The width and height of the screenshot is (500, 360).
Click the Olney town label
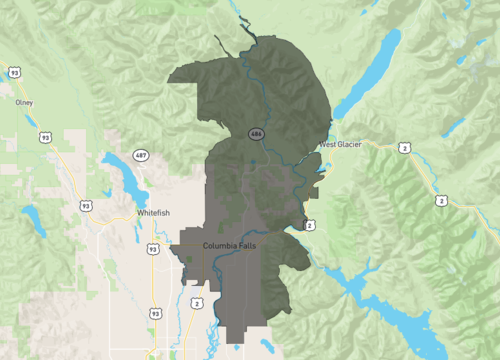tap(24, 102)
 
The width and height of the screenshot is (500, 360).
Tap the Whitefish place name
tap(155, 214)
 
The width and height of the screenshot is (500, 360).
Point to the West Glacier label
tap(340, 145)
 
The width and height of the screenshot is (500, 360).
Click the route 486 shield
tap(257, 133)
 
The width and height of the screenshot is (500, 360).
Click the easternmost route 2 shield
tap(441, 201)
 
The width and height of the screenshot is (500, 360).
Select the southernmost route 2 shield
tap(196, 303)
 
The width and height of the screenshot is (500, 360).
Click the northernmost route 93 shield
tap(14, 72)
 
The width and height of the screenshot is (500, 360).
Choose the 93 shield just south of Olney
tap(45, 137)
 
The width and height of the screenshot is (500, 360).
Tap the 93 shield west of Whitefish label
tap(86, 206)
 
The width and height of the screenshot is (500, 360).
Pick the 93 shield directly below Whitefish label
tap(152, 248)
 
